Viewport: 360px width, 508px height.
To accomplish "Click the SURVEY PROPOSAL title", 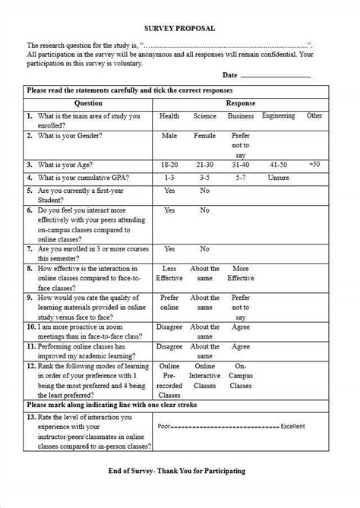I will tap(181, 28).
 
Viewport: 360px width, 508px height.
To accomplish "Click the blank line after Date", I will tap(276, 76).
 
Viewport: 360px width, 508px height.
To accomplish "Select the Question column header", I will tap(88, 103).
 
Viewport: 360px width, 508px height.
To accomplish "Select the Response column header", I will tap(241, 103).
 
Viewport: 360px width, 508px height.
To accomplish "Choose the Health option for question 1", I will tap(169, 116).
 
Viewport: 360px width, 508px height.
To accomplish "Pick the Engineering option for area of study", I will tap(279, 116).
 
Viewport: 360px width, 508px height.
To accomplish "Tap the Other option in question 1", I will tap(314, 116).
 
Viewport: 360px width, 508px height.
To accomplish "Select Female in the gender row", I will tap(204, 135).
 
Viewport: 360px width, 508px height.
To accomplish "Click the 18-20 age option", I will tap(169, 163).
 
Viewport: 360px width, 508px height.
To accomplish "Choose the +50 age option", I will tap(314, 163).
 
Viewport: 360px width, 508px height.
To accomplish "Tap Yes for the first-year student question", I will tap(169, 190).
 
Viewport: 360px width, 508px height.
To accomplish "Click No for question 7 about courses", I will tap(204, 248).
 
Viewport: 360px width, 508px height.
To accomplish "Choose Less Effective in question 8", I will tap(169, 273).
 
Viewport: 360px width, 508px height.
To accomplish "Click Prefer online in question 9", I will tap(169, 303).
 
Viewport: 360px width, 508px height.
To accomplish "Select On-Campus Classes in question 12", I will tap(241, 375).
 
